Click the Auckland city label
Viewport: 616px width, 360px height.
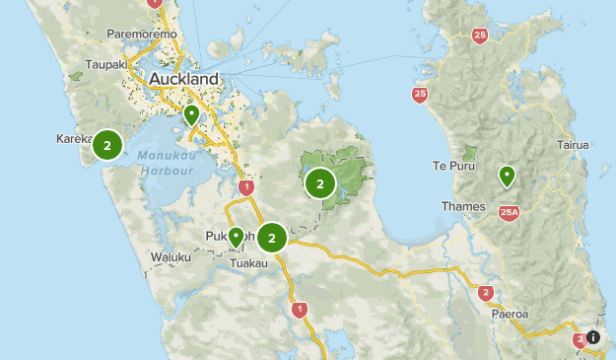click(x=183, y=78)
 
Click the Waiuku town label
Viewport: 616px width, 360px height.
click(x=171, y=257)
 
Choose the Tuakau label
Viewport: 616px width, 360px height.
click(x=247, y=263)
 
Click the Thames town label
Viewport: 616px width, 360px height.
click(x=464, y=206)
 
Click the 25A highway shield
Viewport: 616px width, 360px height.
click(x=509, y=211)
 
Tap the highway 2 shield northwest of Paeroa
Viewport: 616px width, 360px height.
click(x=485, y=293)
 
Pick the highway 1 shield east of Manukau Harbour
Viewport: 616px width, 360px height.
click(x=245, y=186)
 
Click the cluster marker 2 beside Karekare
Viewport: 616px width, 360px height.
click(x=106, y=145)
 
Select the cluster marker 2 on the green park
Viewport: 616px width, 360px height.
click(x=320, y=182)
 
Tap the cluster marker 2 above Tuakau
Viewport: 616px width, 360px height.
click(x=272, y=237)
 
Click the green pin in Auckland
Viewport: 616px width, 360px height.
click(x=190, y=115)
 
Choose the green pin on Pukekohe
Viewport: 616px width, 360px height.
click(x=236, y=237)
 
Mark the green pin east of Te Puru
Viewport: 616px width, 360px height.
click(x=507, y=176)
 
